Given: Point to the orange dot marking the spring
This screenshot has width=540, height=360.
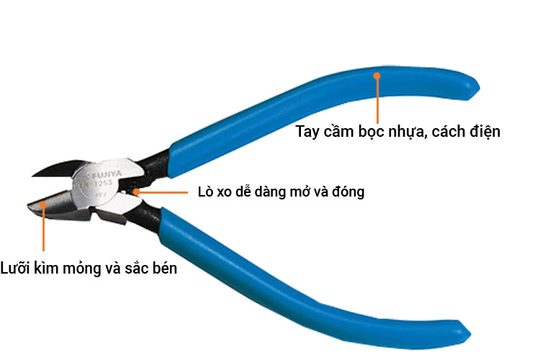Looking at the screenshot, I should point(137,192).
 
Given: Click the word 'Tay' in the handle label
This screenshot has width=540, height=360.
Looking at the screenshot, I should point(309,132).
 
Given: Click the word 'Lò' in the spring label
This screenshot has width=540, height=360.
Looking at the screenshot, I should point(206,192).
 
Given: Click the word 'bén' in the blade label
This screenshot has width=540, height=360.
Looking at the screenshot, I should point(160,269).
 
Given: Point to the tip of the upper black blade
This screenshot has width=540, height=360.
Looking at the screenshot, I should point(34,175).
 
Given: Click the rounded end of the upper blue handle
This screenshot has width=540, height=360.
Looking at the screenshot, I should point(472,85).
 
